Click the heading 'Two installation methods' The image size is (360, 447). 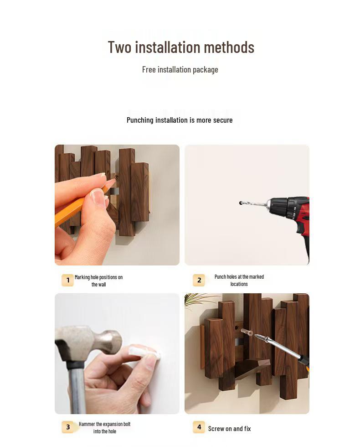pos(181,47)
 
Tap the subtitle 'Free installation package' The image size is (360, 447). pos(180,70)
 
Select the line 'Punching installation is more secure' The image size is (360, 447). pos(180,120)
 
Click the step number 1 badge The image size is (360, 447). pos(67,280)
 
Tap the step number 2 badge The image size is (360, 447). pos(199,280)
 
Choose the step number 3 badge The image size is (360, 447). pos(67,427)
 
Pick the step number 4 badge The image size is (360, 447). pos(199,427)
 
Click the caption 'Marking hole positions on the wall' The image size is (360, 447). pos(98,281)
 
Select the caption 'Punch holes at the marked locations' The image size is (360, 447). pos(239,280)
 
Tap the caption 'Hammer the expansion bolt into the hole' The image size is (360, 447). pos(104,427)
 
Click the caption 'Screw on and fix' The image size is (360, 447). pos(229,428)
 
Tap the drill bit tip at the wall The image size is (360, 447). pos(241,203)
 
